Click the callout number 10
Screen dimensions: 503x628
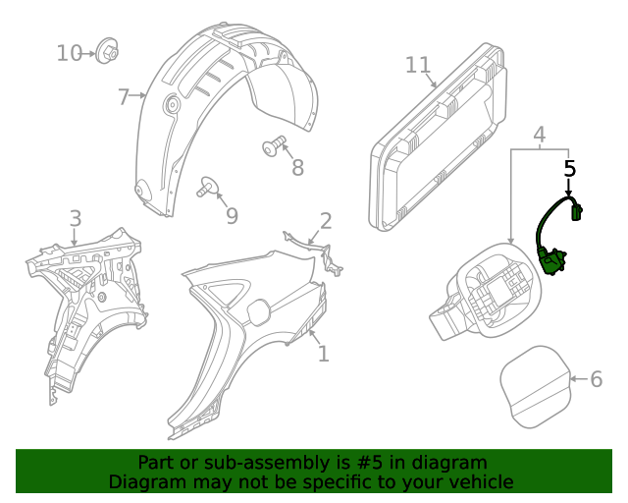[x=69, y=52]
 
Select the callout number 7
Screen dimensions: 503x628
[x=123, y=97]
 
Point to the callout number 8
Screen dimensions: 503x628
[x=298, y=167]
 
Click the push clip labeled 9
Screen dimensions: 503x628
[x=208, y=186]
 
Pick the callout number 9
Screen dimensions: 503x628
[x=232, y=215]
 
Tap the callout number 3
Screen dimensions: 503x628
[x=75, y=218]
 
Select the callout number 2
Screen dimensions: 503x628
[x=325, y=221]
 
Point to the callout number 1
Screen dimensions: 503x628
[x=323, y=353]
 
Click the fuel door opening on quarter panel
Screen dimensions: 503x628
[x=257, y=310]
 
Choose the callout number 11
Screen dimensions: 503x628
[x=418, y=65]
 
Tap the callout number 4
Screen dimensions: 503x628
[x=539, y=134]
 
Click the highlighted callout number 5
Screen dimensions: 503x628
[x=570, y=168]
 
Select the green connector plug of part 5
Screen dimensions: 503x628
[x=578, y=208]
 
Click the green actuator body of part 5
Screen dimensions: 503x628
[x=552, y=261]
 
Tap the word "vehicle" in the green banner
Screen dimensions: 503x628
[x=477, y=481]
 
